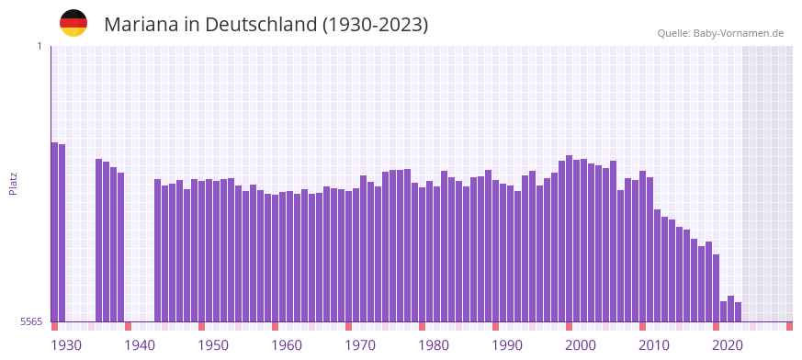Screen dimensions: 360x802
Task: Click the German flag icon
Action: [x=73, y=23]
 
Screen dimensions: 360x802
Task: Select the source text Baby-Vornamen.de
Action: [x=739, y=33]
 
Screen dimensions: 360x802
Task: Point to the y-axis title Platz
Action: [x=13, y=183]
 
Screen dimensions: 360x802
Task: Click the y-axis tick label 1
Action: [x=39, y=46]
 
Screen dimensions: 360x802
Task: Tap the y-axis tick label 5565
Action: [x=31, y=321]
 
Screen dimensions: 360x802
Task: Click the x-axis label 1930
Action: [x=66, y=345]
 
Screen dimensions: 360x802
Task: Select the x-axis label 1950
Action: [x=213, y=345]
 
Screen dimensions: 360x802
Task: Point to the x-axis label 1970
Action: [x=360, y=345]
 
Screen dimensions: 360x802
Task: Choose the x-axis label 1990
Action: [x=507, y=345]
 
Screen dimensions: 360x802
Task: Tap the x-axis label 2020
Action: [x=728, y=345]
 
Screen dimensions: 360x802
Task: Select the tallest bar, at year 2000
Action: [x=570, y=239]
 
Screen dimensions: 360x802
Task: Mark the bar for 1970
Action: [x=349, y=256]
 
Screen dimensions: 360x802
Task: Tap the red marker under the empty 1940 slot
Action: [x=129, y=326]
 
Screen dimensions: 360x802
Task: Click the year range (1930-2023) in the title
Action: [x=375, y=25]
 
